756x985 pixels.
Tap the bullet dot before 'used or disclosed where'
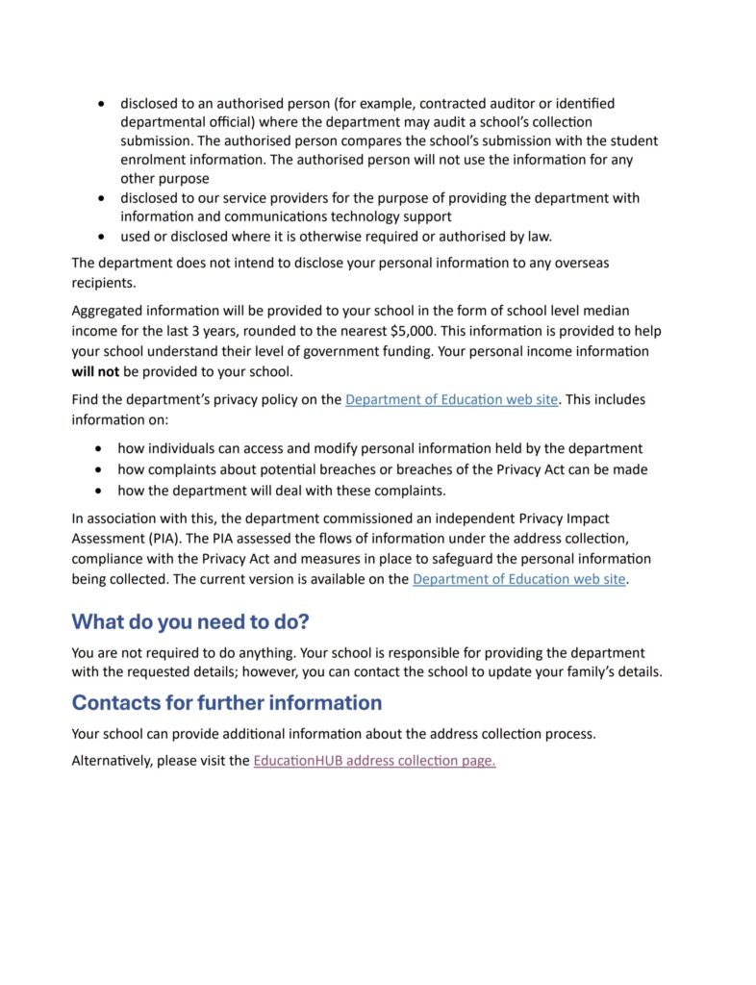coord(101,236)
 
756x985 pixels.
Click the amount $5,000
coord(418,332)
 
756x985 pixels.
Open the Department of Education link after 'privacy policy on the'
coord(451,399)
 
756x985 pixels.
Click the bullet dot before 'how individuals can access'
coord(101,448)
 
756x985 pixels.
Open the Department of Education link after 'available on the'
coord(519,579)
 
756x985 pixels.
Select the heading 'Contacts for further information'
coord(227,702)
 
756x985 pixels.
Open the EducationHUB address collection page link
coord(374,761)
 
